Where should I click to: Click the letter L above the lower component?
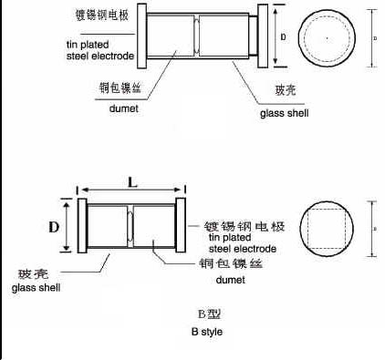(132, 182)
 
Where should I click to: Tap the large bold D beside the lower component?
(54, 224)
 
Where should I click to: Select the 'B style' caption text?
(206, 332)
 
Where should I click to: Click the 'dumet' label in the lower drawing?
(204, 281)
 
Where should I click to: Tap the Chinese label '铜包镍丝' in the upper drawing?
(118, 88)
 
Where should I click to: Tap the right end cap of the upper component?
(264, 37)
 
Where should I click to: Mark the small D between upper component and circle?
(284, 38)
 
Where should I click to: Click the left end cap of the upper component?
(141, 36)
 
